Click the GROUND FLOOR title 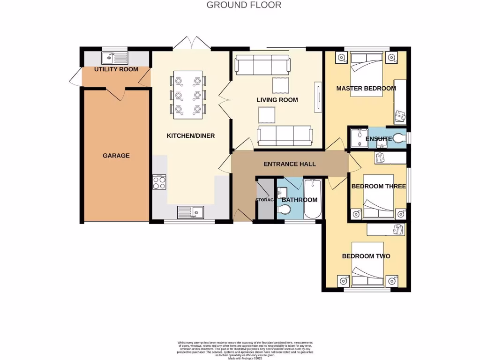coord(244,5)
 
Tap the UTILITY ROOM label coord(116,69)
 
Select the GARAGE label coord(116,156)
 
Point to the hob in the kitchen coord(159,182)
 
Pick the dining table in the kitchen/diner coord(189,95)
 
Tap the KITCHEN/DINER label coord(191,136)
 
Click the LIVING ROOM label coord(277,100)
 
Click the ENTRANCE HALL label coord(289,164)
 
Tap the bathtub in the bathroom coord(312,199)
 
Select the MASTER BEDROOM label coord(366,88)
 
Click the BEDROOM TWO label coord(366,256)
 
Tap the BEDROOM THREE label coord(378,186)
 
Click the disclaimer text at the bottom coord(245,350)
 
